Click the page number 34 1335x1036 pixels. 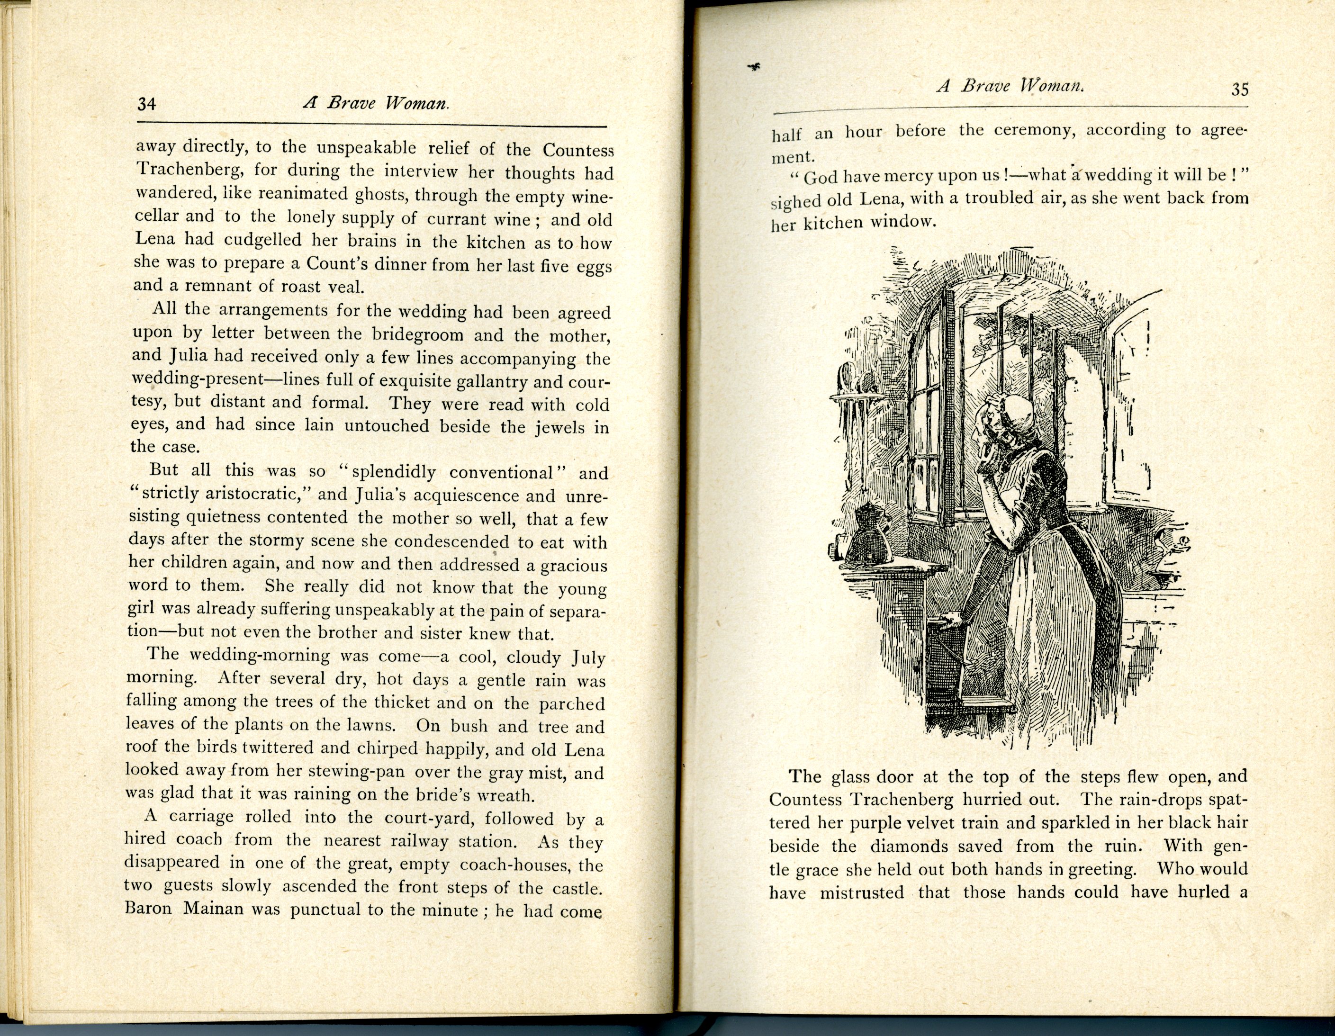pyautogui.click(x=147, y=104)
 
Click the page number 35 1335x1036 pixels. pyautogui.click(x=1240, y=90)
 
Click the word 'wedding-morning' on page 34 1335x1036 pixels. pyautogui.click(x=260, y=655)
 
